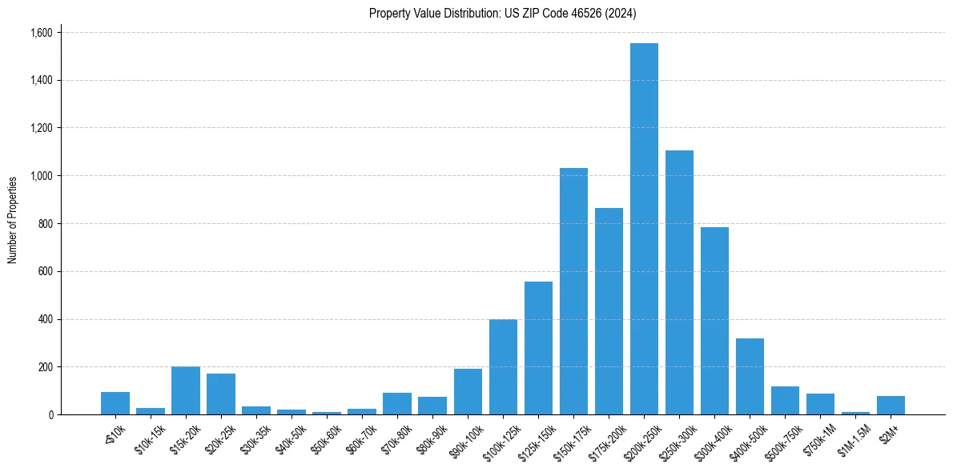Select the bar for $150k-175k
tap(573, 291)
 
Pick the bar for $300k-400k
tap(714, 321)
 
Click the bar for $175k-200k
tap(609, 311)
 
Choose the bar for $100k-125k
tap(503, 366)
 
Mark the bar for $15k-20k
tap(186, 390)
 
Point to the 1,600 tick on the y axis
tap(41, 33)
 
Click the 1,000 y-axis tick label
tap(41, 176)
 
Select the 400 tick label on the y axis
tap(45, 319)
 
